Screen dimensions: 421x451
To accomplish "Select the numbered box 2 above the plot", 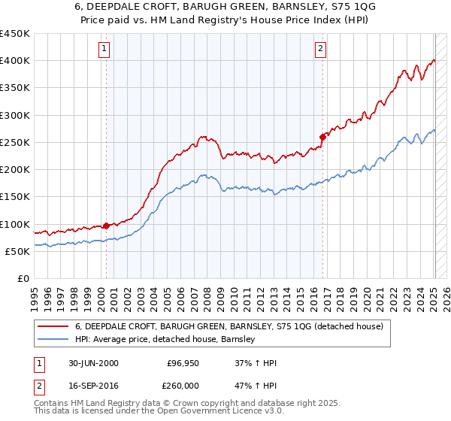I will click(x=320, y=50).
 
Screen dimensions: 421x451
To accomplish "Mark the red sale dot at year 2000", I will click(x=106, y=225).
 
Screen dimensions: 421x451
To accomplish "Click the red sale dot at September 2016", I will click(x=322, y=137).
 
